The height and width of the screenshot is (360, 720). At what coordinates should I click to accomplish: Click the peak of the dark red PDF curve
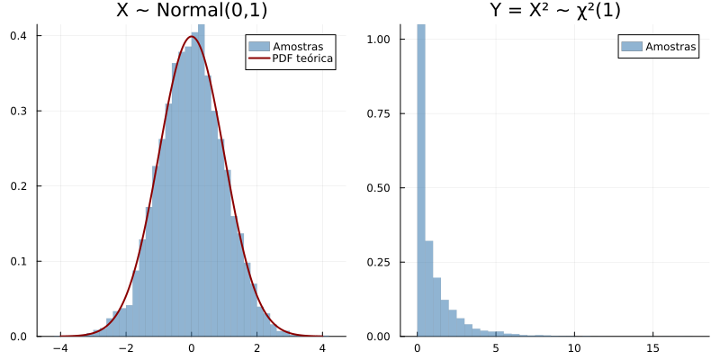(x=192, y=37)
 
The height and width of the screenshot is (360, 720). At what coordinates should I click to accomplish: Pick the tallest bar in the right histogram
(x=420, y=180)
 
